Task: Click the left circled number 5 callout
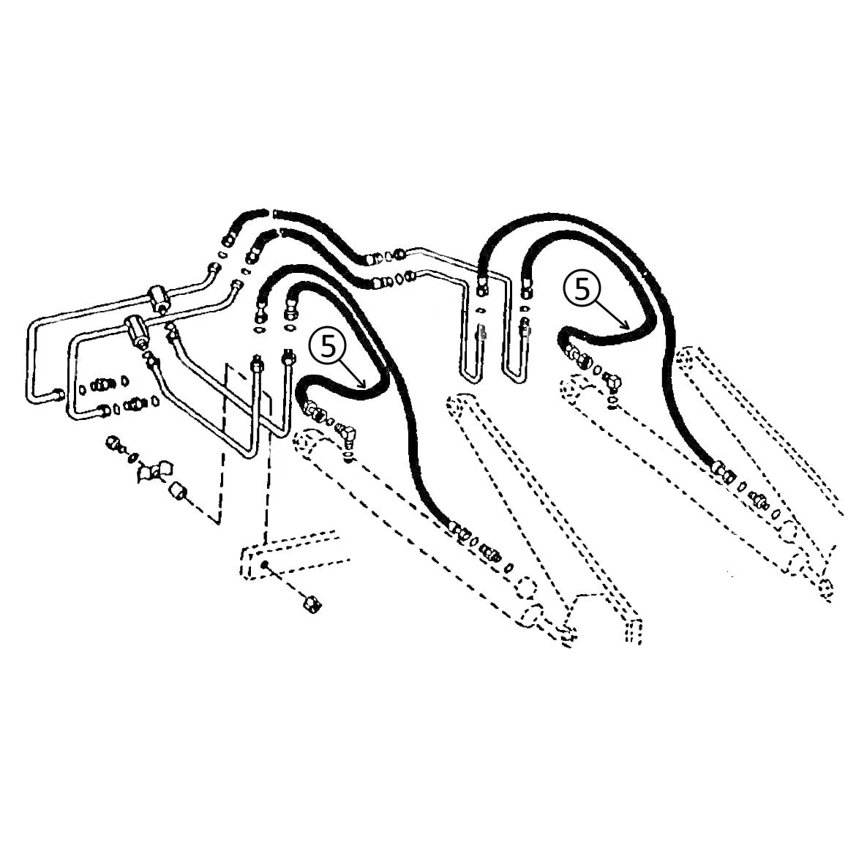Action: pyautogui.click(x=329, y=346)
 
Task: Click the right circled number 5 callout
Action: pyautogui.click(x=582, y=289)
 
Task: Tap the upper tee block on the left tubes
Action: pyautogui.click(x=158, y=298)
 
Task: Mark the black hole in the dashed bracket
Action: pyautogui.click(x=265, y=565)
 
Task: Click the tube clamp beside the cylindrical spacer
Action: pyautogui.click(x=154, y=471)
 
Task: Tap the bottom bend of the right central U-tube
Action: pyautogui.click(x=514, y=377)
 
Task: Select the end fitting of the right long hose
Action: pyautogui.click(x=723, y=470)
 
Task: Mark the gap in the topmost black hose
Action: pyautogui.click(x=271, y=212)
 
